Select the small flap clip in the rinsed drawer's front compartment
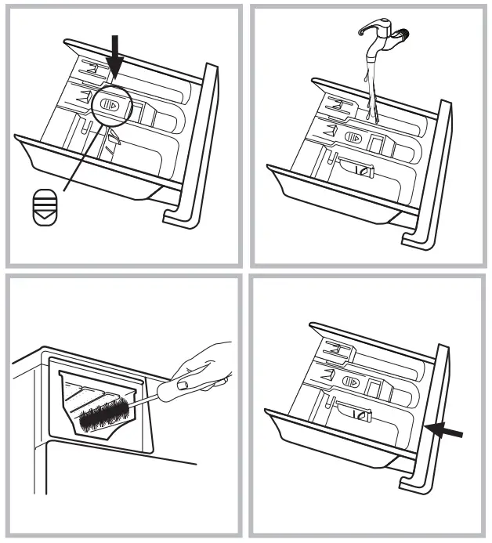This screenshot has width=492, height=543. pos(361,170)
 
